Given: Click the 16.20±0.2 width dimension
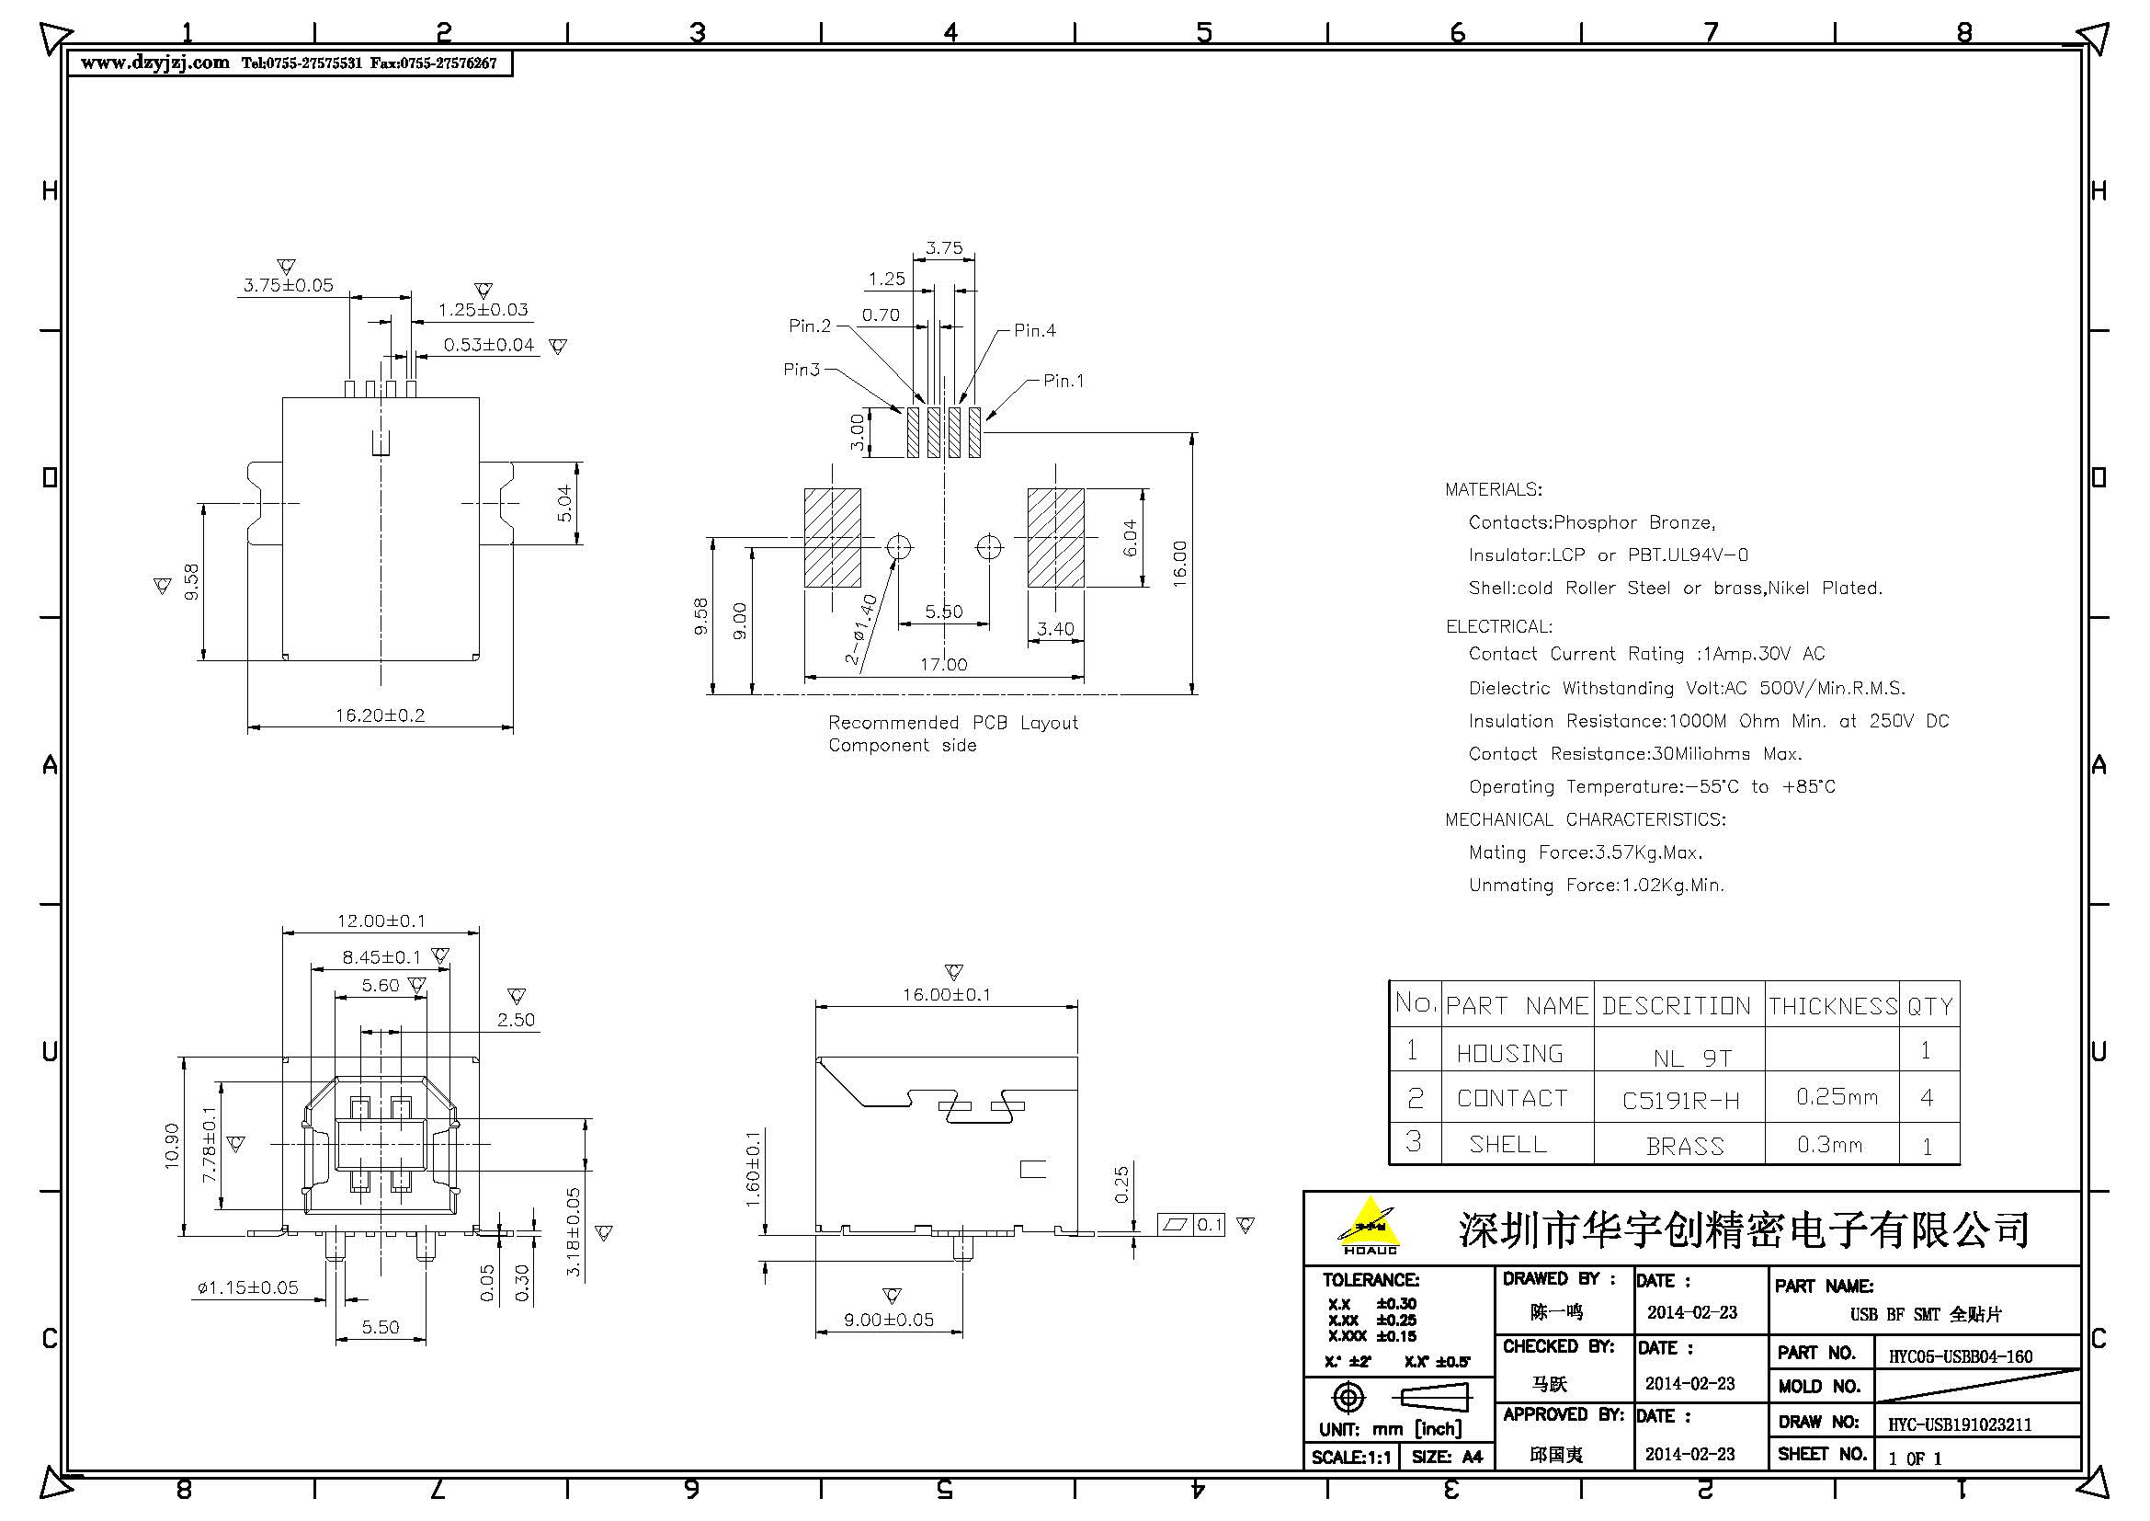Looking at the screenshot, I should (x=381, y=715).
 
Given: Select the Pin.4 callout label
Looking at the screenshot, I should (x=1035, y=331).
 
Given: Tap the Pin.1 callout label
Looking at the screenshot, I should (x=1064, y=382).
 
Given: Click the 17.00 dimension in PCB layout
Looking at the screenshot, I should (x=943, y=665).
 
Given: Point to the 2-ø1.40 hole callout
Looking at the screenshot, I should (x=862, y=630).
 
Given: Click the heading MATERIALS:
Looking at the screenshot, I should (x=1493, y=490).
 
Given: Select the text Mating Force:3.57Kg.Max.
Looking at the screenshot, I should (x=1586, y=853).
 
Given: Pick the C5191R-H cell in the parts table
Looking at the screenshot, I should (x=1680, y=1101).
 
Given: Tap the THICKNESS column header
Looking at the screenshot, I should (x=1833, y=1007).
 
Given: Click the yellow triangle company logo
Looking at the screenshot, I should (x=1369, y=1225).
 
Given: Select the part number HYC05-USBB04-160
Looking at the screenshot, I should (x=1960, y=1356).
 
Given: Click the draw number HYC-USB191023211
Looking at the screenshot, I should (x=1959, y=1424).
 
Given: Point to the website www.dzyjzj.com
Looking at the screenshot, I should (x=154, y=63).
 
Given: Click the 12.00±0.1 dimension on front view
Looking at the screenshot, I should (x=381, y=921).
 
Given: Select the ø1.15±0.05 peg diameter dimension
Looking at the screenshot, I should (x=248, y=1288).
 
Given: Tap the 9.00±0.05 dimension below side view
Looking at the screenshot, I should (x=889, y=1321).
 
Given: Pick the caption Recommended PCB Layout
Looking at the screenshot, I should (x=952, y=723).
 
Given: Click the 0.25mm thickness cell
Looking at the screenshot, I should (x=1837, y=1097).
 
